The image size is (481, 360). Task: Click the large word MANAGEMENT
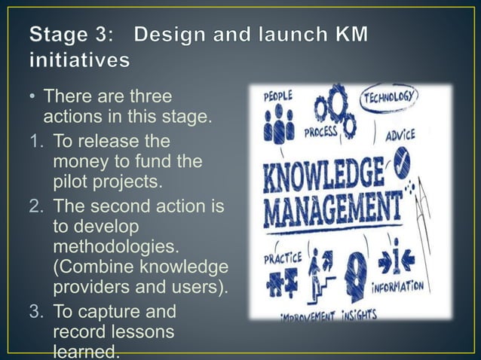(x=332, y=207)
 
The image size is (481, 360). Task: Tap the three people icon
(x=278, y=124)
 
